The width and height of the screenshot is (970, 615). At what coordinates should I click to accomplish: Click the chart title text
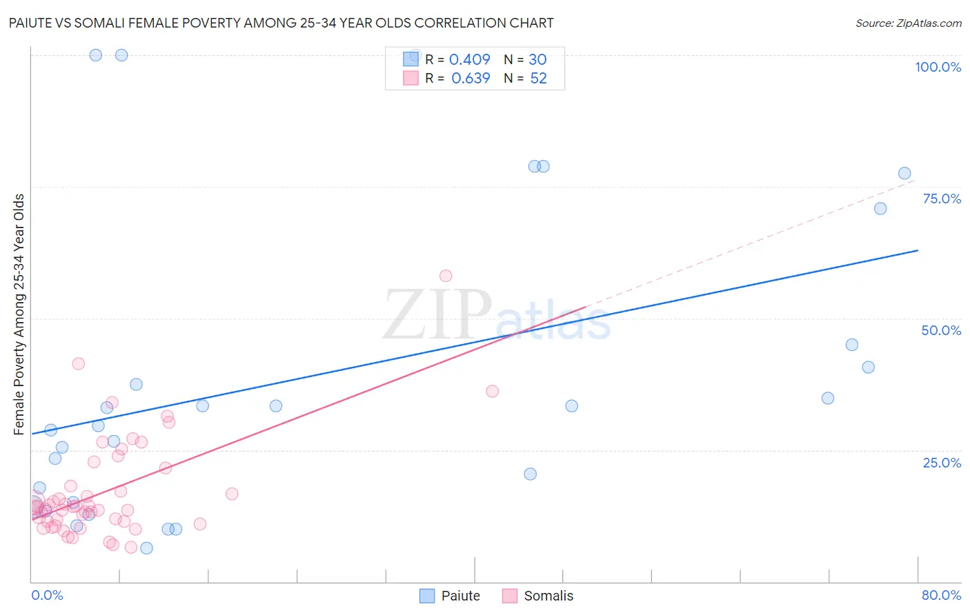pos(281,23)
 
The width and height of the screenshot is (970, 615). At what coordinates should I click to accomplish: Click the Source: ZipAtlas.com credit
pos(908,23)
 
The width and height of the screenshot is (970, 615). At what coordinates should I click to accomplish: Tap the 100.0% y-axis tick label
pos(938,67)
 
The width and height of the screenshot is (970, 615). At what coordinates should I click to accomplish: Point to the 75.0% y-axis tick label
pos(942,199)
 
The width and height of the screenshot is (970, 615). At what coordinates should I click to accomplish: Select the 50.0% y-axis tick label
pos(941,330)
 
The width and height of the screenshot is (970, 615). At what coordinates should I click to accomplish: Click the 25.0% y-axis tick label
pos(942,462)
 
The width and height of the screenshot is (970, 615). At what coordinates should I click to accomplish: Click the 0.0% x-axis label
pos(47,595)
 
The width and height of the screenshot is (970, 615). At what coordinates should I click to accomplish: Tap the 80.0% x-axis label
pos(941,595)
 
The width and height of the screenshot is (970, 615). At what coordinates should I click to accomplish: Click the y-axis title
pos(19,314)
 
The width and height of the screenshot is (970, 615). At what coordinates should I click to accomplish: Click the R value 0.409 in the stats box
pos(470,60)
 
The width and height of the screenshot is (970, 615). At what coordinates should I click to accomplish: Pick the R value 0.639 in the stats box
pos(471,78)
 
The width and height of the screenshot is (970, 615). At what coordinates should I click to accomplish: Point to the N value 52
pos(538,78)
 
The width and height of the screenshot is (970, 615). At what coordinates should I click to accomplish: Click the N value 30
pos(537,60)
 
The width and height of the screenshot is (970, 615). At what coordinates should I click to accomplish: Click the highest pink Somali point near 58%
pos(446,276)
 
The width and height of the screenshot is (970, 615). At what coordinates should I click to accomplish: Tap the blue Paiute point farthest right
pos(904,173)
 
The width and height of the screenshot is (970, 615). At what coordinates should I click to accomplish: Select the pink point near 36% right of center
pos(492,391)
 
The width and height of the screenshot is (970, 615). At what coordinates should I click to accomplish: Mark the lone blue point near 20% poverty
pos(530,474)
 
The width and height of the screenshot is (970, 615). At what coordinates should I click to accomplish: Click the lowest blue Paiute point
pos(146,548)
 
